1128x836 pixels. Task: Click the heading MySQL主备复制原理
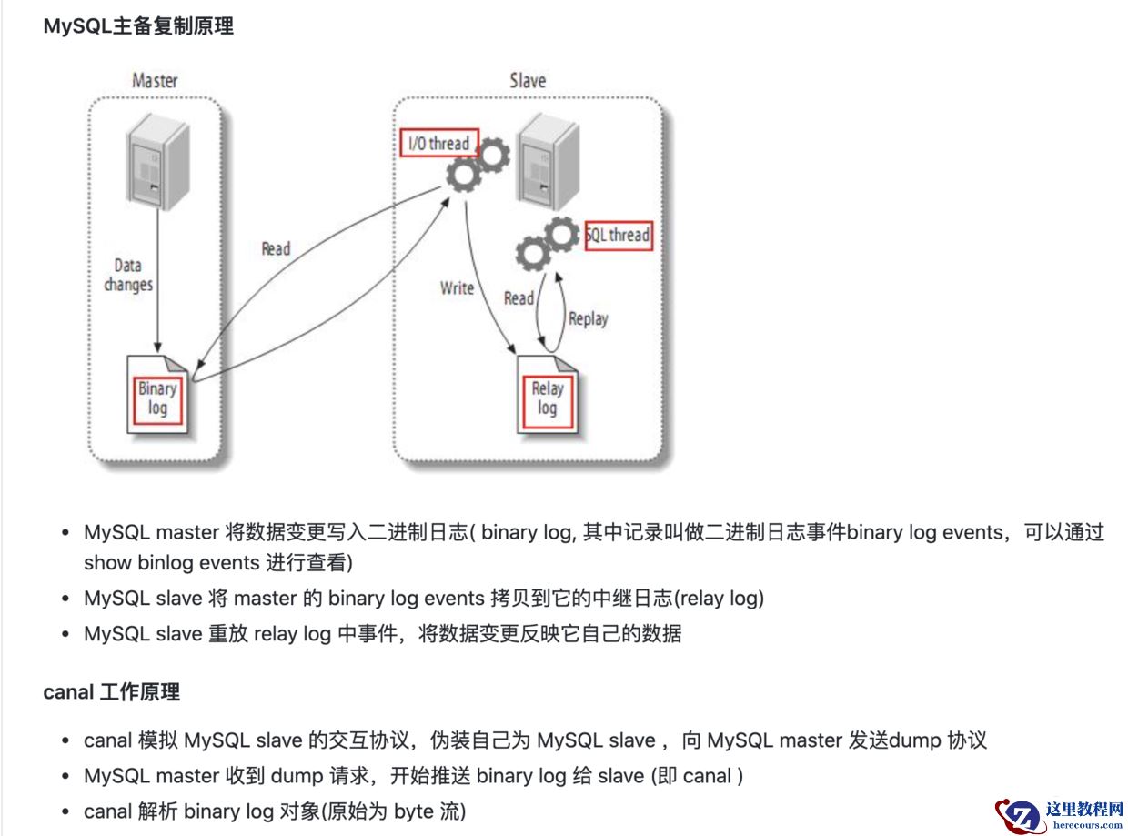[138, 26]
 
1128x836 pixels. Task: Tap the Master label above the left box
[155, 81]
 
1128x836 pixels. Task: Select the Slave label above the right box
[528, 80]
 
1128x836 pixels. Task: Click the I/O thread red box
[438, 143]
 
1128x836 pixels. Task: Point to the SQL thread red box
[619, 236]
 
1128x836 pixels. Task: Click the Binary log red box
[157, 398]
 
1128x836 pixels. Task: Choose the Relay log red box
[547, 398]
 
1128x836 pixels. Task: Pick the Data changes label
[128, 275]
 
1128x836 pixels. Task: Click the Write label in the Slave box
[457, 287]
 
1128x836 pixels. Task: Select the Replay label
[588, 318]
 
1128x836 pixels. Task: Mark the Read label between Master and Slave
[276, 248]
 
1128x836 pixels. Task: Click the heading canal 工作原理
[111, 692]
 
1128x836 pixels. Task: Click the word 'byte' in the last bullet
[414, 811]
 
